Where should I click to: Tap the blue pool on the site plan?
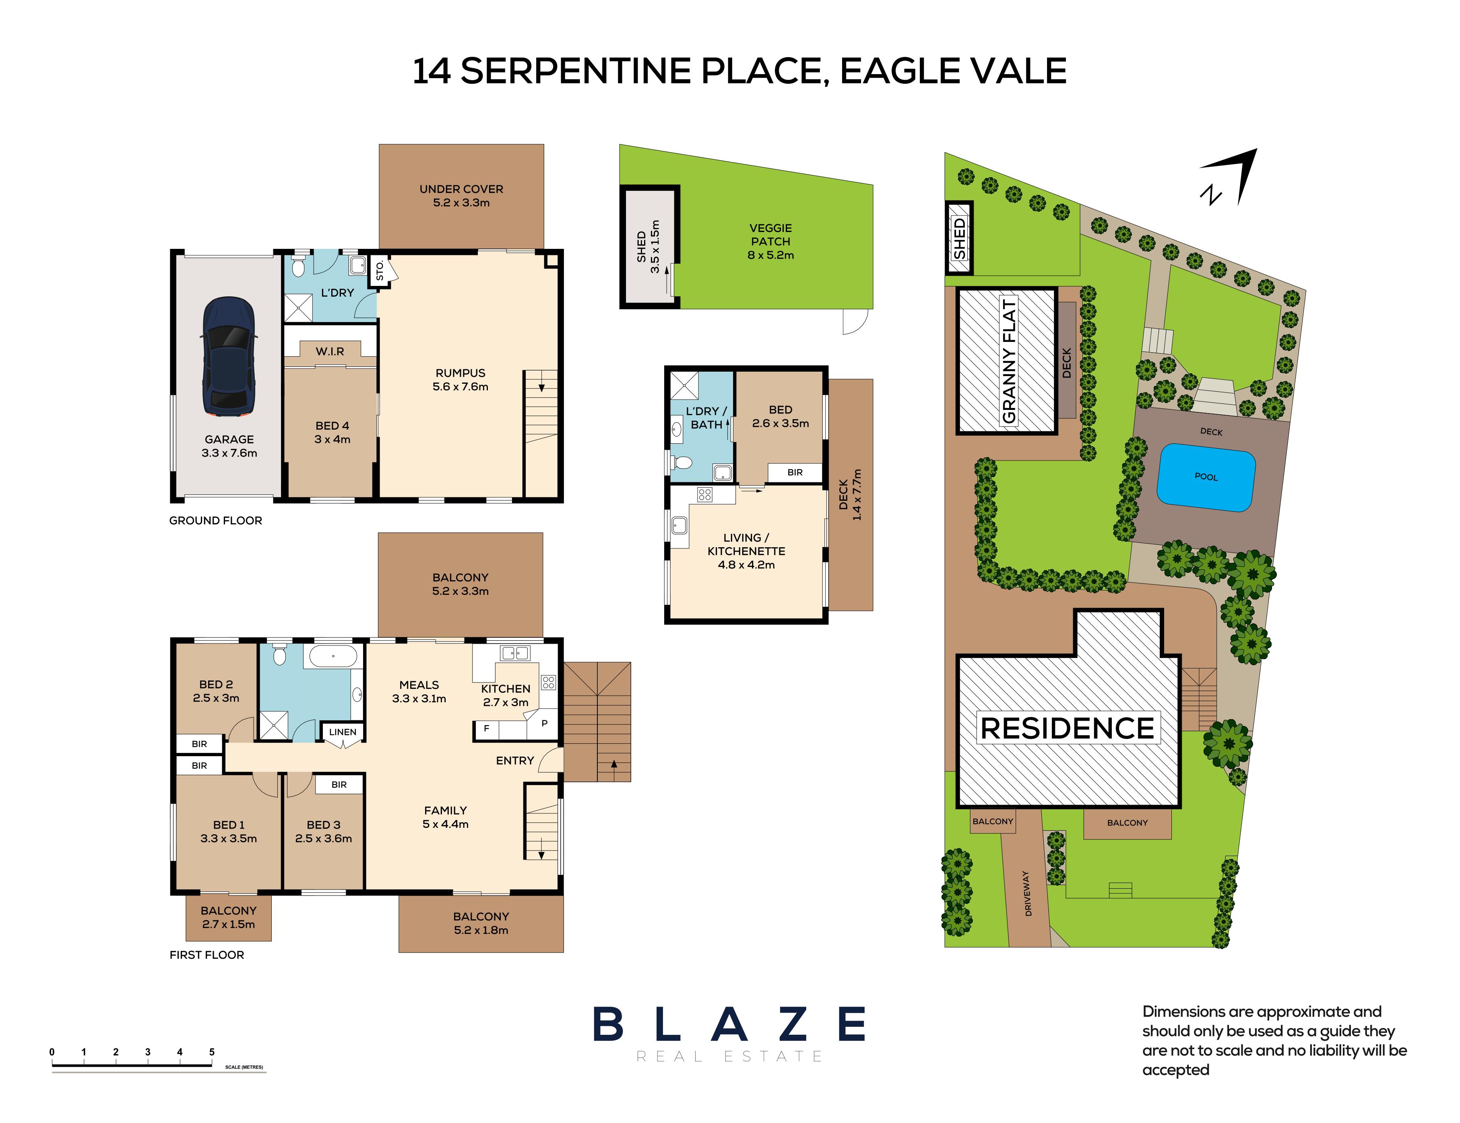pyautogui.click(x=1206, y=477)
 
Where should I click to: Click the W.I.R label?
pyautogui.click(x=330, y=351)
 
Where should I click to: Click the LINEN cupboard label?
pyautogui.click(x=343, y=732)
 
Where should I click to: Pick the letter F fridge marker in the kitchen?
pyautogui.click(x=486, y=729)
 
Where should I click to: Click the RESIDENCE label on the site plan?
pyautogui.click(x=1067, y=729)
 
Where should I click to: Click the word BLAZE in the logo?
pyautogui.click(x=729, y=1024)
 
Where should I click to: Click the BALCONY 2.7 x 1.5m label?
pyautogui.click(x=229, y=917)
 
